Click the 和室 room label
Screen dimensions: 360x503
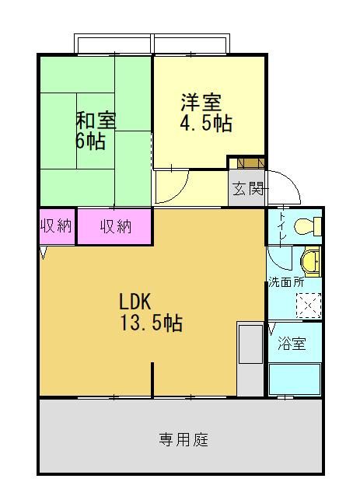(x=96, y=120)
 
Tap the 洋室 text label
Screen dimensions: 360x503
(x=201, y=102)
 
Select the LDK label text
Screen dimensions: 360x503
(x=135, y=302)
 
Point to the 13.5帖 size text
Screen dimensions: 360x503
(x=151, y=323)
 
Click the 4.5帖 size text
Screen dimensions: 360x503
(x=206, y=123)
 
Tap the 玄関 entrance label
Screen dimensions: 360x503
(x=248, y=188)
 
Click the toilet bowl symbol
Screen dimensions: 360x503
(x=308, y=226)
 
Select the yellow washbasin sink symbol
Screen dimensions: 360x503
(x=310, y=262)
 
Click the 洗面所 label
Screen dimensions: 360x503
(x=286, y=282)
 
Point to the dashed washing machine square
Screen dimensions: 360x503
(x=309, y=306)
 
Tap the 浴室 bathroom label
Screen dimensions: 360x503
(x=292, y=343)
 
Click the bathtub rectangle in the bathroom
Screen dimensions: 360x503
(x=295, y=379)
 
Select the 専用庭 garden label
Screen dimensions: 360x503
(x=183, y=439)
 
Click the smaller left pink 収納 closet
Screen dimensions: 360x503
(x=57, y=227)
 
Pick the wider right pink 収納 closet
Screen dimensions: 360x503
(x=115, y=227)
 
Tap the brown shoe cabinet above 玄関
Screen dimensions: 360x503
(x=250, y=163)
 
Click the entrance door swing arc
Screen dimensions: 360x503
(x=290, y=180)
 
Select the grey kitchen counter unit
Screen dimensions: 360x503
(x=250, y=358)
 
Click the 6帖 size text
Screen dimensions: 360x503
(x=90, y=141)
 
